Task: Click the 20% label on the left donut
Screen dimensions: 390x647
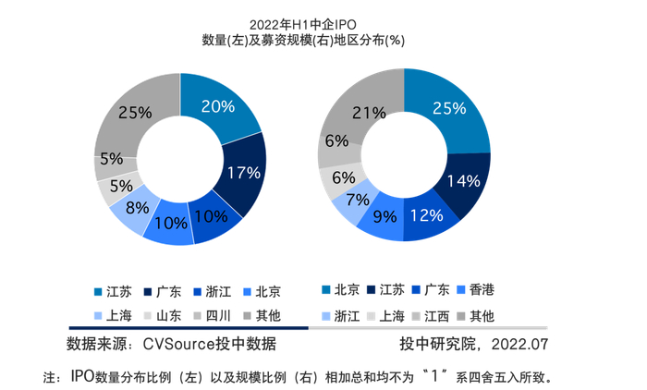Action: point(217,106)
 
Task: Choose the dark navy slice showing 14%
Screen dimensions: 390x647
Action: point(463,181)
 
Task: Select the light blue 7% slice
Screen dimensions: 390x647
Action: point(351,201)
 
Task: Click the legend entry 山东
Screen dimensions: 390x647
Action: point(166,316)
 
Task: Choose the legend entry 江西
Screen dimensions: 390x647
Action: point(435,316)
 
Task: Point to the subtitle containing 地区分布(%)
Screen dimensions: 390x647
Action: point(310,40)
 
